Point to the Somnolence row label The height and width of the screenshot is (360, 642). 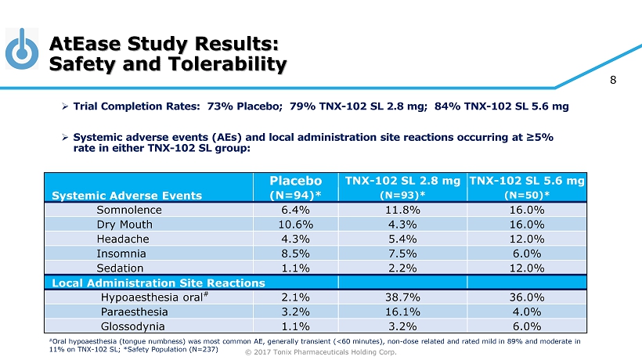click(129, 210)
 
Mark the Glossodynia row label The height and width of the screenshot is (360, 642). click(133, 326)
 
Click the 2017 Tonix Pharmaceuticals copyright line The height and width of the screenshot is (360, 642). click(321, 352)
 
